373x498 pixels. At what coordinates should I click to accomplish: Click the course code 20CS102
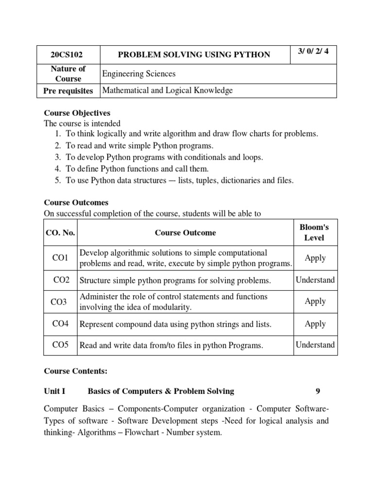point(68,54)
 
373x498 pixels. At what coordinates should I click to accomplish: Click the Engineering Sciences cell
point(138,74)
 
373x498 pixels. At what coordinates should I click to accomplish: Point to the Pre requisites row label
point(68,90)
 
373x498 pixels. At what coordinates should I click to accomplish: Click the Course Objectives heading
point(77,113)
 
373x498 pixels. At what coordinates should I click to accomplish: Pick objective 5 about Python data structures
point(179,180)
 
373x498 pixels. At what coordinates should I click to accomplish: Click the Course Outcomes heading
point(76,202)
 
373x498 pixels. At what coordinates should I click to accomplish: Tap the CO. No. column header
point(60,232)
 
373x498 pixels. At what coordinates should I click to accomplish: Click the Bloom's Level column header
point(314,232)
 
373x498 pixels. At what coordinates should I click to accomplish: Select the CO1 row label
point(60,258)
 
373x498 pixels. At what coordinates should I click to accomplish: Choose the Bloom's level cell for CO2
point(315,280)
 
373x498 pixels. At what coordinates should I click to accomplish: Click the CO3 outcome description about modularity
point(173,302)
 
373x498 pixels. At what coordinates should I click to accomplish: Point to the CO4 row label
point(60,323)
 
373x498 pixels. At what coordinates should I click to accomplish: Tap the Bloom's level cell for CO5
point(315,345)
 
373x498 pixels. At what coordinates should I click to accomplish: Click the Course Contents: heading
point(75,371)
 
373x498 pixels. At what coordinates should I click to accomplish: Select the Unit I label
point(54,391)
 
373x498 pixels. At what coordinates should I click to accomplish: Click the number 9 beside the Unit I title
point(318,391)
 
